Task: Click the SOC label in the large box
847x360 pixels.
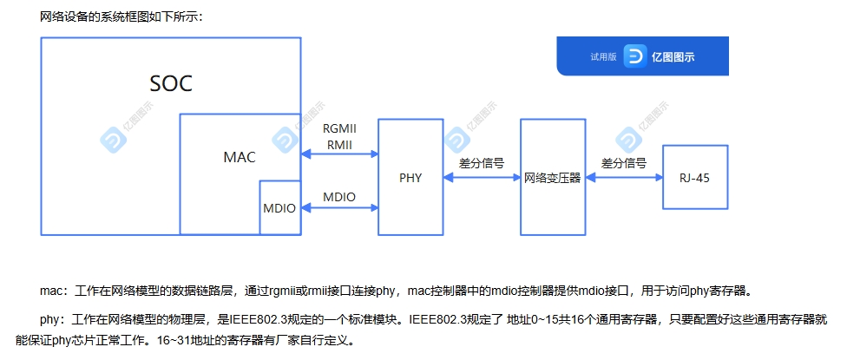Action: point(170,83)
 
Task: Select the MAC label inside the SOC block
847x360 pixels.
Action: point(240,158)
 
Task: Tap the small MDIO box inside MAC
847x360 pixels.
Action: point(279,208)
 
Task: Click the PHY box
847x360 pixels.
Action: point(410,177)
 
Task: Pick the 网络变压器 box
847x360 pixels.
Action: point(551,177)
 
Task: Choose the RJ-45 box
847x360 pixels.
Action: point(695,177)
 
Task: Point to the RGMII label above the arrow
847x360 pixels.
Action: point(339,128)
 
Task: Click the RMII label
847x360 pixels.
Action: point(339,143)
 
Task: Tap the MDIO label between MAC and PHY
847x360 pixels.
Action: point(339,197)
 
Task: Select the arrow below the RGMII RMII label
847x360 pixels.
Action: point(339,154)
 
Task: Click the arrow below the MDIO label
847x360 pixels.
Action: point(339,208)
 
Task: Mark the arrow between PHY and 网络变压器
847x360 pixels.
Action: point(482,177)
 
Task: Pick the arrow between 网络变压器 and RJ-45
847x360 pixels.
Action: point(622,177)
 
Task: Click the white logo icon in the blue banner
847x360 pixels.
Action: point(635,56)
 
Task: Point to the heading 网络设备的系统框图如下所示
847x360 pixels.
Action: point(121,16)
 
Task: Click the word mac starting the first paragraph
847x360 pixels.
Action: point(52,290)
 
